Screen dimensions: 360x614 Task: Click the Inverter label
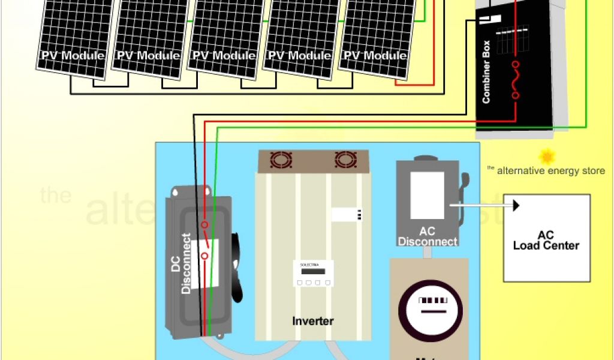coord(312,321)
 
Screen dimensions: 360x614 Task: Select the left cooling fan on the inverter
coord(280,160)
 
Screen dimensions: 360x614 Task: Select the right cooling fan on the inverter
coord(345,160)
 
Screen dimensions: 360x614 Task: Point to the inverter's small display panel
coord(312,271)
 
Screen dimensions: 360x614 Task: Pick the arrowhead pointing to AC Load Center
coord(515,206)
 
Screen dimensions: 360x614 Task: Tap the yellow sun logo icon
coord(547,157)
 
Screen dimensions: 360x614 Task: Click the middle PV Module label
coord(224,56)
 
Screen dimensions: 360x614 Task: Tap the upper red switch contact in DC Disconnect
coord(204,225)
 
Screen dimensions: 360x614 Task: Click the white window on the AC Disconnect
coord(427,195)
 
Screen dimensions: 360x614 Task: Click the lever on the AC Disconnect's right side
coord(463,192)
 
